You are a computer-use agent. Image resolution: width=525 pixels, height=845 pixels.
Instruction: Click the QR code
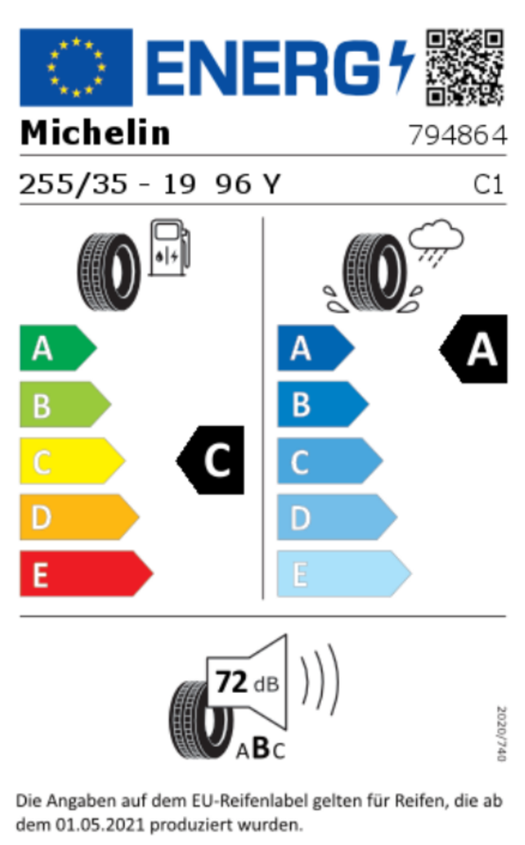point(464,68)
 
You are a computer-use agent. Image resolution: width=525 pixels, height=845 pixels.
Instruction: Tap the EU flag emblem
point(76,68)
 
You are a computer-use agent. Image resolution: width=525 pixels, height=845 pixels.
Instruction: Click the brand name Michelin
point(95,133)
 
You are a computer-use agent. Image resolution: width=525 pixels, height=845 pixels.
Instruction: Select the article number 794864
point(457,135)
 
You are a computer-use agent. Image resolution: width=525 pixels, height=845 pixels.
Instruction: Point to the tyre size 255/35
point(73,184)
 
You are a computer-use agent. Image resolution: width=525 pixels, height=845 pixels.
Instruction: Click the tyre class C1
point(488,185)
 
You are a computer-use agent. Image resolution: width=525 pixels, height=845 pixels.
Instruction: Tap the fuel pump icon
point(169,247)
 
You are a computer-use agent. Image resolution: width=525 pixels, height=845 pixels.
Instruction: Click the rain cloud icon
point(435,240)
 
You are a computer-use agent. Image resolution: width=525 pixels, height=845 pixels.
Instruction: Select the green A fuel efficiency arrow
point(58,348)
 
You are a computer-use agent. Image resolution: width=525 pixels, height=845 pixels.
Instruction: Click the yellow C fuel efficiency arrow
point(72,460)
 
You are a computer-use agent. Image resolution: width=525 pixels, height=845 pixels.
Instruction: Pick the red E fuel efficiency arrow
point(86,573)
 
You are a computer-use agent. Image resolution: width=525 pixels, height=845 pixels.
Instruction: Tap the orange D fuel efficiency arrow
point(79,517)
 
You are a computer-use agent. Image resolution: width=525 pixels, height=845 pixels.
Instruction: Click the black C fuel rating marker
point(210,460)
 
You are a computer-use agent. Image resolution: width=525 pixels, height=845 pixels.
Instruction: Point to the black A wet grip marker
point(473,349)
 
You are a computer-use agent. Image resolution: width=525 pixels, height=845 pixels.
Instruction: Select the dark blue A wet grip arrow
point(316,348)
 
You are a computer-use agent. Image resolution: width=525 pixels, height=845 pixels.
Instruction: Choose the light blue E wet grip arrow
point(344,573)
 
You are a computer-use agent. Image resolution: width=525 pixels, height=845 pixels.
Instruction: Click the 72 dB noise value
point(247,682)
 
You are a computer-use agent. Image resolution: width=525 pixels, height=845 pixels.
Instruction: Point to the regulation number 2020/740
point(500,733)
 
